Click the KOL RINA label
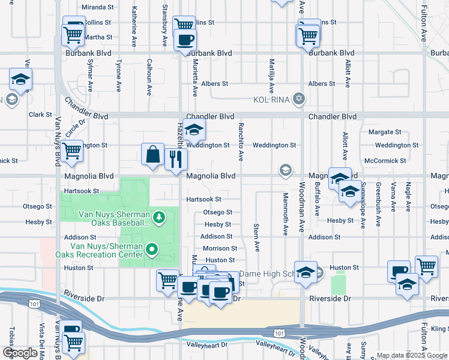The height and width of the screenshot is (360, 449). pyautogui.click(x=272, y=98)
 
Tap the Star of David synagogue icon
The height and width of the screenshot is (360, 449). pyautogui.click(x=298, y=98)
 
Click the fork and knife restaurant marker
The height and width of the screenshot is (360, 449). pyautogui.click(x=176, y=160)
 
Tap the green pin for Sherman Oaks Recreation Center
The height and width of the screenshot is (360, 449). pyautogui.click(x=152, y=249)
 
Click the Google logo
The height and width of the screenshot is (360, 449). pyautogui.click(x=19, y=353)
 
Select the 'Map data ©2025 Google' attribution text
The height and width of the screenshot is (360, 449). pyautogui.click(x=412, y=355)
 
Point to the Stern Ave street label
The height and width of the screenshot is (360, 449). pyautogui.click(x=256, y=238)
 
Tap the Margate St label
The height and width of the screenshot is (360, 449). pyautogui.click(x=385, y=132)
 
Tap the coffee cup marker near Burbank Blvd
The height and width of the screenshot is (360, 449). pyautogui.click(x=184, y=40)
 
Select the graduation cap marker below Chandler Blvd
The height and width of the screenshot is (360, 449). pyautogui.click(x=194, y=130)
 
